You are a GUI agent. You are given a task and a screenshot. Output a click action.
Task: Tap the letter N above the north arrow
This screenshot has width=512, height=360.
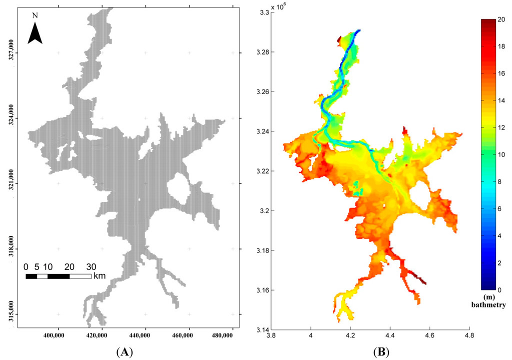coord(34,15)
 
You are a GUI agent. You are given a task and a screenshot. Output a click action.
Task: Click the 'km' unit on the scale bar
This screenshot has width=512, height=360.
coord(99,275)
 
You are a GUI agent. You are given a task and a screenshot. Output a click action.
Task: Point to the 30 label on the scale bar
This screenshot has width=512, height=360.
coord(91,266)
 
